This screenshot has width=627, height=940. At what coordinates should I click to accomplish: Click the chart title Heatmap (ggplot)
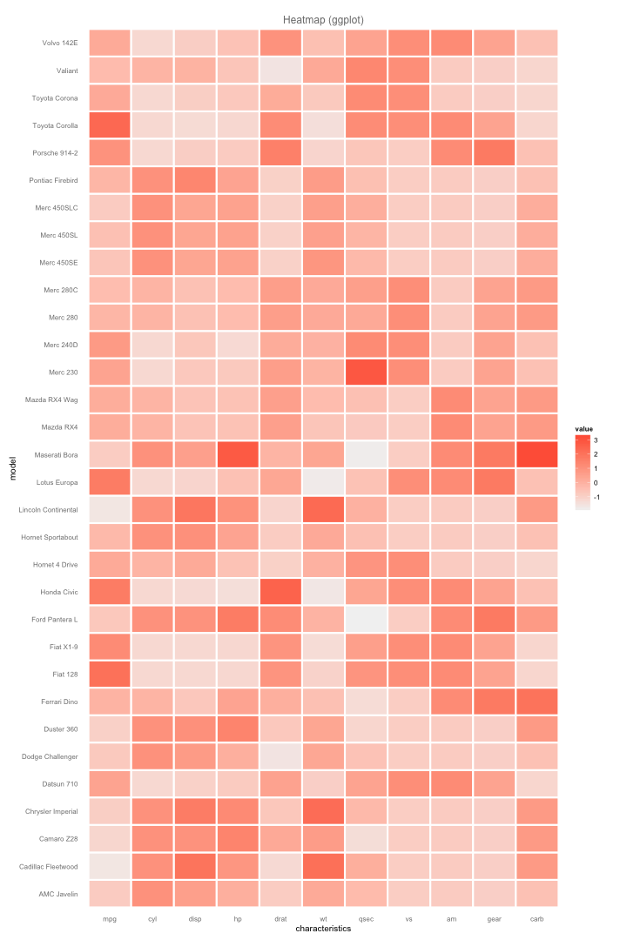coord(323,19)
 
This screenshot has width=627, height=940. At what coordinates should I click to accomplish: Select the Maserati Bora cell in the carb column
coord(537,454)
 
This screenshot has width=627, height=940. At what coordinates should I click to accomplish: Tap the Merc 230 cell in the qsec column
coord(366,372)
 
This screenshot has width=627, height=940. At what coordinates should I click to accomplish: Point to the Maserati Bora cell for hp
coord(238,454)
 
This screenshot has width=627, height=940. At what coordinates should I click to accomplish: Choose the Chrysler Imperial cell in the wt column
coord(323,811)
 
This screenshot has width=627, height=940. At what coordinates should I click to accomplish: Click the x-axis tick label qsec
coord(366,917)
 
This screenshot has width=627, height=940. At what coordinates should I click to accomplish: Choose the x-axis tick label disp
coord(195,917)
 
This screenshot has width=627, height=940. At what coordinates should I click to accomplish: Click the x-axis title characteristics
coord(323,929)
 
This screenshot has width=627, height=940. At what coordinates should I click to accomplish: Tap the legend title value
coord(583,429)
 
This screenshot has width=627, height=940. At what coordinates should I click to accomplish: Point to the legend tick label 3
coord(596,440)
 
